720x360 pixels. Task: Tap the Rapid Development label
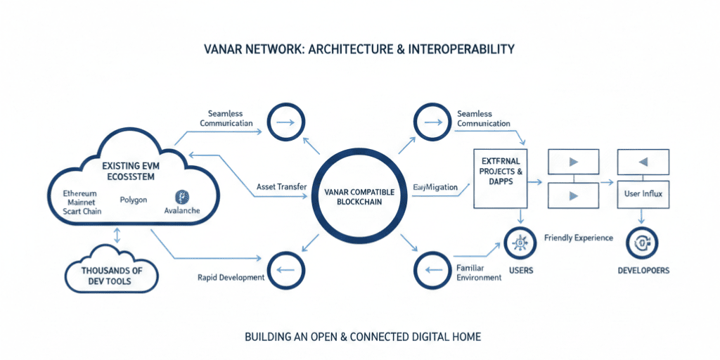point(231,277)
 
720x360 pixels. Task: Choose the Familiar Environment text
point(479,272)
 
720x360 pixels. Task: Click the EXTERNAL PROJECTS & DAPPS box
point(499,176)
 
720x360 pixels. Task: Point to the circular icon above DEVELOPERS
point(642,243)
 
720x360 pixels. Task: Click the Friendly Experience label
point(578,238)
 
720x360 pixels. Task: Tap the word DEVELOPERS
point(643,271)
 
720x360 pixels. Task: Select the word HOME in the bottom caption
point(465,337)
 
